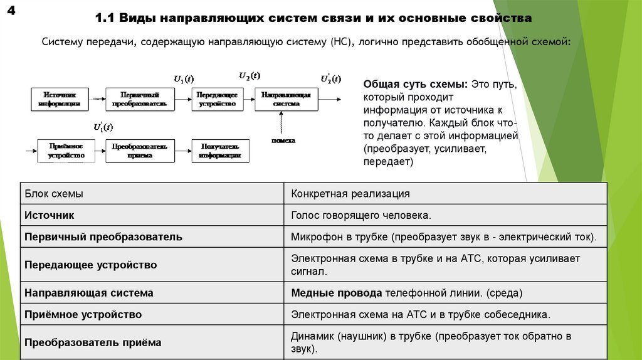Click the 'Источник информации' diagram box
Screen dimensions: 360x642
coord(59,99)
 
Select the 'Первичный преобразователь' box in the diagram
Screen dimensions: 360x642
coord(139,99)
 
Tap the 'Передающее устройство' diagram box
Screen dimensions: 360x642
coord(217,99)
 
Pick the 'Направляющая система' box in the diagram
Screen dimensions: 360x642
coord(285,99)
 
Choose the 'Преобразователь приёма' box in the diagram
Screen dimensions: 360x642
coord(139,151)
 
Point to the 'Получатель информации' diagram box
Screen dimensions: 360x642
coord(220,151)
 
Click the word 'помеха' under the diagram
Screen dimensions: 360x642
coord(284,140)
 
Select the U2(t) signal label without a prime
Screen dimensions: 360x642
coord(250,75)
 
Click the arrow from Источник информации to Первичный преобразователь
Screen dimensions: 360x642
coord(97,99)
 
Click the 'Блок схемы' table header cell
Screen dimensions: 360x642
coord(54,194)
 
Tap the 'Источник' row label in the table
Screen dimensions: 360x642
coord(49,215)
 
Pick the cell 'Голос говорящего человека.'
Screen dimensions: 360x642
coord(360,215)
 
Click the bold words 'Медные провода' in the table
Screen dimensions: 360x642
coord(336,293)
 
